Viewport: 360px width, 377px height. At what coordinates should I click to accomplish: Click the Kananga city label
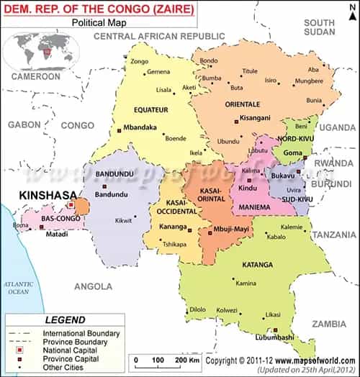click(171, 227)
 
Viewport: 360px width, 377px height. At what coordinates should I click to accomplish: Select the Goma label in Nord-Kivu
click(293, 153)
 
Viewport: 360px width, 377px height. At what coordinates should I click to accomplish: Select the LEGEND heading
click(66, 319)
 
